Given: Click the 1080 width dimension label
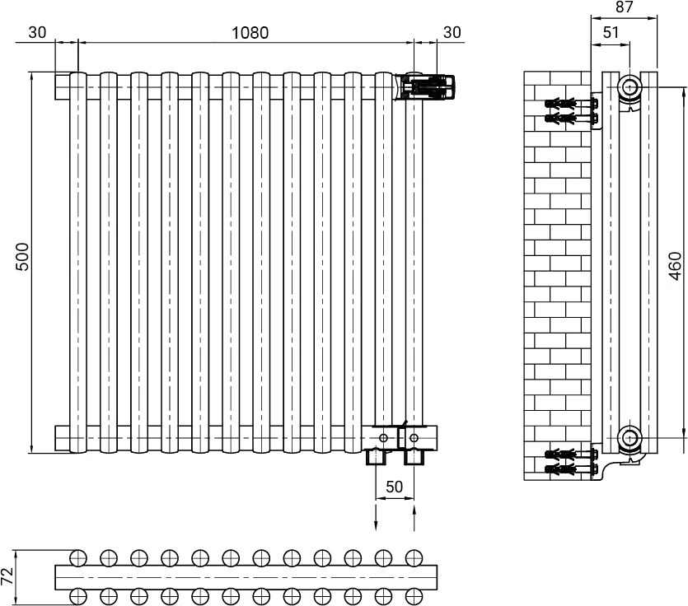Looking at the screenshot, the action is click(250, 32).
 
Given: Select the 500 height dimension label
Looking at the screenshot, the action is click(22, 257).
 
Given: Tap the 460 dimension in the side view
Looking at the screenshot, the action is click(676, 266).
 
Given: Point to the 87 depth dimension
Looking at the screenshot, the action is click(624, 7).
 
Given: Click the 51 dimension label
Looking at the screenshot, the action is click(611, 32).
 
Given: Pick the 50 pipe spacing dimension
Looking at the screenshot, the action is click(394, 487).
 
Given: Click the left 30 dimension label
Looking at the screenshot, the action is click(37, 32).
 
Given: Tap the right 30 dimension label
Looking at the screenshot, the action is click(452, 32).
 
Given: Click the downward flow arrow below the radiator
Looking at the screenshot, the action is click(376, 518).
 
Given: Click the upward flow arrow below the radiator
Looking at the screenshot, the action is click(414, 518).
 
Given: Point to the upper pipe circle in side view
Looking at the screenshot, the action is click(630, 86).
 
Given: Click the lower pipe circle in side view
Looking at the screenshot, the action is click(630, 437).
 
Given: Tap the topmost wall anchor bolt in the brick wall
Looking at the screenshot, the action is click(571, 104).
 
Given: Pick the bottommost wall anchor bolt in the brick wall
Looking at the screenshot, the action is click(571, 469).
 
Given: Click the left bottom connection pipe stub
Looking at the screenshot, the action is click(376, 457).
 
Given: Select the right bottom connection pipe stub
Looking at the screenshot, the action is click(414, 457).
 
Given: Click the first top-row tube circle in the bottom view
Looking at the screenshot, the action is click(77, 557).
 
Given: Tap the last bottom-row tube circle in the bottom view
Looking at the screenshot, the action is click(414, 596).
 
